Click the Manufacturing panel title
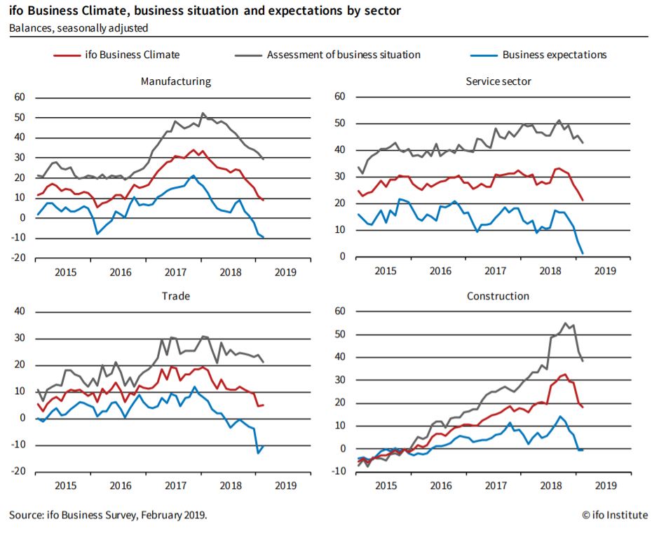point(175,81)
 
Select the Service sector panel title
point(498,81)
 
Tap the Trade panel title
point(175,296)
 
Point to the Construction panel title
point(498,296)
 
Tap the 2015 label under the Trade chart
point(66,485)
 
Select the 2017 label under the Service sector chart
point(496,271)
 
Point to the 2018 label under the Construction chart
point(550,485)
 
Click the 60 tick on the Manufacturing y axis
point(19,97)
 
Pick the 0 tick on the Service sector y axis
point(342,257)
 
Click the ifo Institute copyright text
point(614,515)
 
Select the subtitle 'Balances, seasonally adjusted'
point(79,28)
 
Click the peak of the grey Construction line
point(566,323)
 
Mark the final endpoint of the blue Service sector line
point(583,253)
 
